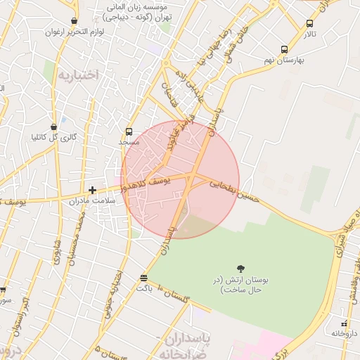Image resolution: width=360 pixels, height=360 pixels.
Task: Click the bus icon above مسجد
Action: coord(129,131)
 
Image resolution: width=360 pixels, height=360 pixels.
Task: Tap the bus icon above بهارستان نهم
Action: coord(284,50)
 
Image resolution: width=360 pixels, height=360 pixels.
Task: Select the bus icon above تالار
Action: coord(310,23)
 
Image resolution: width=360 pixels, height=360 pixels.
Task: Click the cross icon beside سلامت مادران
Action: coord(92,190)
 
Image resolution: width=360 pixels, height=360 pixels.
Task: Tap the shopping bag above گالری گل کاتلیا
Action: coord(54,127)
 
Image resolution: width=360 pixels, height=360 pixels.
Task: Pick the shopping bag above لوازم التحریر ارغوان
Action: coord(75,21)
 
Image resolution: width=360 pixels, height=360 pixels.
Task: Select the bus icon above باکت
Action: coord(144,278)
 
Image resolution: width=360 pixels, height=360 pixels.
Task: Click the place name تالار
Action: coord(310,34)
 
